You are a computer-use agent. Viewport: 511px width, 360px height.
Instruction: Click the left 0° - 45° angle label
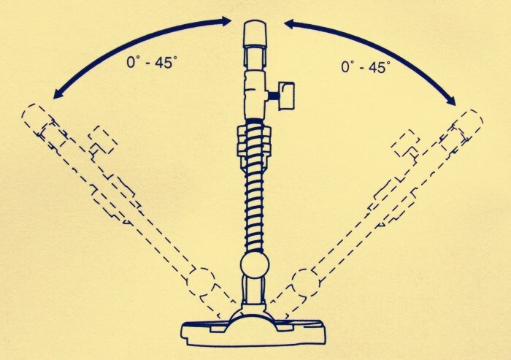[x=153, y=61]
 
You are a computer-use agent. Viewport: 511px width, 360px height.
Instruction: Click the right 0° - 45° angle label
[x=366, y=66]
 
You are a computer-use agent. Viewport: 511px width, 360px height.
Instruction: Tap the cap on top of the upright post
[x=255, y=34]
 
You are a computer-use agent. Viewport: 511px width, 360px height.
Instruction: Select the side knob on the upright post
[x=287, y=95]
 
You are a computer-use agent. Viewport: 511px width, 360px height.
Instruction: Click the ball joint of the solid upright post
[x=255, y=265]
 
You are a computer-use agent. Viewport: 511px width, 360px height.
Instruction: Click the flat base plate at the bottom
[x=253, y=334]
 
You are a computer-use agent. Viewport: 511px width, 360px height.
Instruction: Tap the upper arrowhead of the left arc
[x=226, y=21]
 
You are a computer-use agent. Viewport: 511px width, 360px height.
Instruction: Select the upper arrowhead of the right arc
[x=291, y=23]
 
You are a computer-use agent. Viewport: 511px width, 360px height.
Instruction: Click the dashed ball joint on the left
[x=201, y=281]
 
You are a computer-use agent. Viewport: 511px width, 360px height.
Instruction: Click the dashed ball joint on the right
[x=307, y=283]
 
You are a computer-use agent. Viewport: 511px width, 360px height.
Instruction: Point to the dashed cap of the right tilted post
[x=469, y=123]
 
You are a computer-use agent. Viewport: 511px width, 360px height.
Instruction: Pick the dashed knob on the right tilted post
[x=405, y=143]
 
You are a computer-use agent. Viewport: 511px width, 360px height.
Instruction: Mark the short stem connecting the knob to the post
[x=273, y=96]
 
